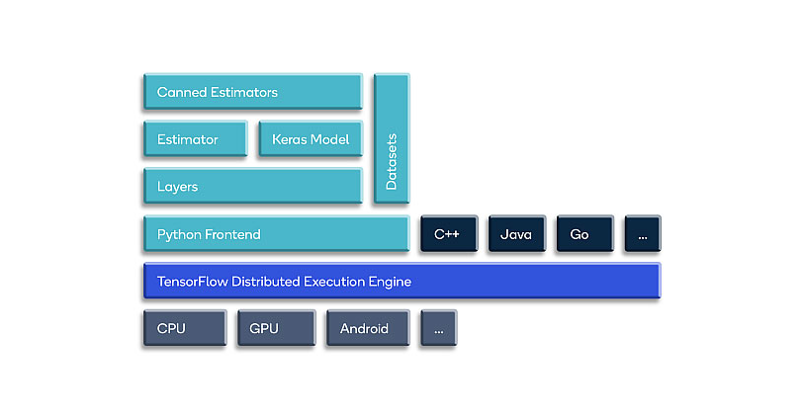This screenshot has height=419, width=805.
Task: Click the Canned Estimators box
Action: point(252,92)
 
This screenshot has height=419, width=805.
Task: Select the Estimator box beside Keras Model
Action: point(195,139)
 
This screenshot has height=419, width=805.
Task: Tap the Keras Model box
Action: point(310,139)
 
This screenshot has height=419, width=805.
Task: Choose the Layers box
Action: point(252,187)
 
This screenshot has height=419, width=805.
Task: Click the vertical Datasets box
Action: point(391,139)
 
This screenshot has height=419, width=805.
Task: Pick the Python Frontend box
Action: point(275,234)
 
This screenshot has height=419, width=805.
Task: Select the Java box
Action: point(516,234)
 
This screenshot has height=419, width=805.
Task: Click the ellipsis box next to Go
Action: point(642,234)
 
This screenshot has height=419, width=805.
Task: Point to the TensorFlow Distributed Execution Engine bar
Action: point(401,282)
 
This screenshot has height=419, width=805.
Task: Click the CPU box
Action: point(184,329)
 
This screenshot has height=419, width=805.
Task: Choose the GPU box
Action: point(274,329)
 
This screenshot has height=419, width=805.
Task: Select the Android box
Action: point(367,329)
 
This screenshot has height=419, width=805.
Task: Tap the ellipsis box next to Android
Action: point(438,329)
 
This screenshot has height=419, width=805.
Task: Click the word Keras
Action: point(288,139)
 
